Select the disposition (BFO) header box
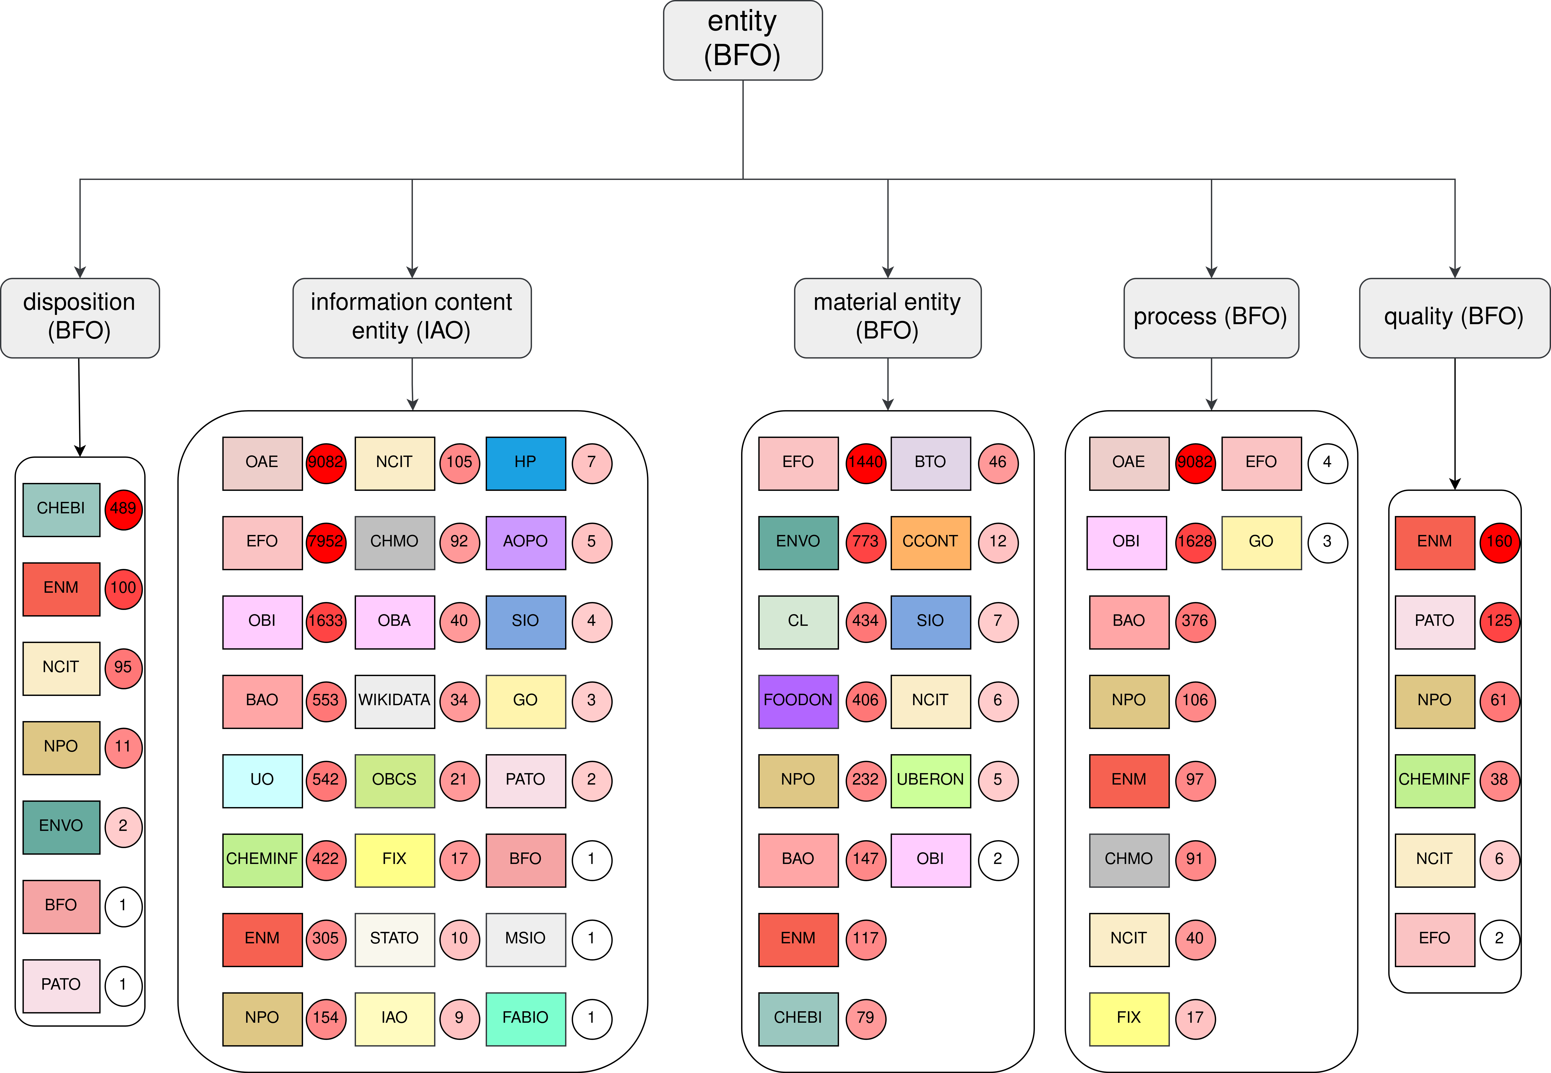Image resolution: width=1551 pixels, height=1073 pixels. pos(80,318)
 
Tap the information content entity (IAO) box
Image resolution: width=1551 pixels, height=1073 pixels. pos(412,318)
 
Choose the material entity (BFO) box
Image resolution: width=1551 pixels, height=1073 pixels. pos(888,318)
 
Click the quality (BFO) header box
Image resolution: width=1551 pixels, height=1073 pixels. pos(1454,318)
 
